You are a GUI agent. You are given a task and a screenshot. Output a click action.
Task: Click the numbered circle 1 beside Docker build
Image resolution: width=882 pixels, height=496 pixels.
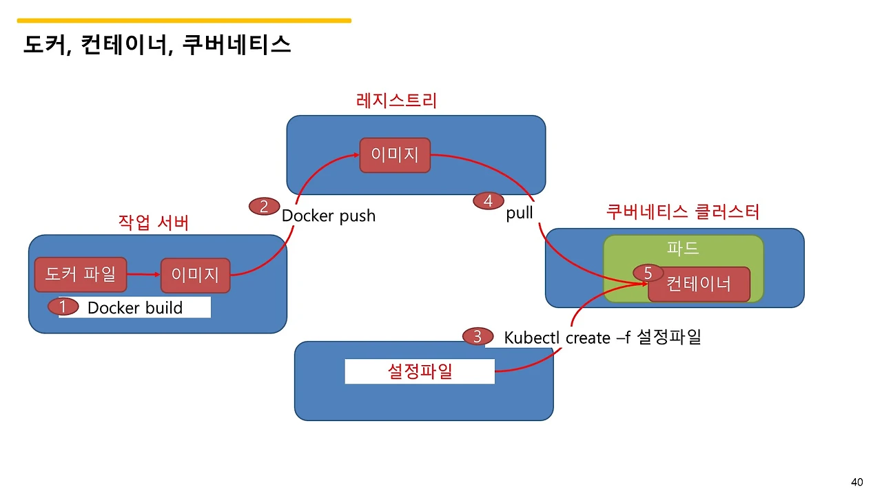(x=63, y=307)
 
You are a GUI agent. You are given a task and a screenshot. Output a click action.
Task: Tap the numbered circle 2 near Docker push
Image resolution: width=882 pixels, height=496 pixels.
(x=264, y=206)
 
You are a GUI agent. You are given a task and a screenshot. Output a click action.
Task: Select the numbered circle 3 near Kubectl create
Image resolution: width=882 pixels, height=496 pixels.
(x=478, y=337)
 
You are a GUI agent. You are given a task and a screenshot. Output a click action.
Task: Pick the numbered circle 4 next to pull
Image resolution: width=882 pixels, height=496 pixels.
(x=489, y=201)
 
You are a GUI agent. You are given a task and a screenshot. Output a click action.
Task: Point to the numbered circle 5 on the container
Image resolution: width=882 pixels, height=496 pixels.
(x=648, y=273)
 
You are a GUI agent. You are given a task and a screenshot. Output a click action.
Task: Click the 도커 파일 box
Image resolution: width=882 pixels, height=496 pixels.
(x=81, y=274)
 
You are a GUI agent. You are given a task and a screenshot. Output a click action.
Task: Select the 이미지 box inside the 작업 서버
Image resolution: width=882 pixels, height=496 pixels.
(x=195, y=276)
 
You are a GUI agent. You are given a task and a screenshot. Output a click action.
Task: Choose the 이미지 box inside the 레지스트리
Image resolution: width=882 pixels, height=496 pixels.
(x=395, y=155)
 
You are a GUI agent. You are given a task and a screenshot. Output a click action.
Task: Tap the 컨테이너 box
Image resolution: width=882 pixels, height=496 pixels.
(x=699, y=285)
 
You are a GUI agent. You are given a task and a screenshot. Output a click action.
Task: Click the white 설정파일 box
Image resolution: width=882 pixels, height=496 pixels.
(x=420, y=372)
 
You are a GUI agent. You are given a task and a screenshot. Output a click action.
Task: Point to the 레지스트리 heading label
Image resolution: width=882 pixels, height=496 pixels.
(x=396, y=101)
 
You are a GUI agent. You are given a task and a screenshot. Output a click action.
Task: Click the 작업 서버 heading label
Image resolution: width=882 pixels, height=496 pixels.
(x=154, y=223)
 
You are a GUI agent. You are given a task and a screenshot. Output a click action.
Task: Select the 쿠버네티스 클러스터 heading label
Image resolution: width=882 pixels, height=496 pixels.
(x=682, y=211)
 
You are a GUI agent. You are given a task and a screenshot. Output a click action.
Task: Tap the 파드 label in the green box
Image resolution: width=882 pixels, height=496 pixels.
(x=683, y=249)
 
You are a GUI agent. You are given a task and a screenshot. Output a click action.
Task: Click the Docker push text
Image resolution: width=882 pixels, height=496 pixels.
(x=329, y=216)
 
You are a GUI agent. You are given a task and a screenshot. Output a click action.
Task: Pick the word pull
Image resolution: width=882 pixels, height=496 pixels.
(x=520, y=213)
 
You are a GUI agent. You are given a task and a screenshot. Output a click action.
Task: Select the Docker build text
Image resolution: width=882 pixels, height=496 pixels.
(x=135, y=308)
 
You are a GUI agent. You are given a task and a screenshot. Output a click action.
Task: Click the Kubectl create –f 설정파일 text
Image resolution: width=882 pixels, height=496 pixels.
(x=602, y=338)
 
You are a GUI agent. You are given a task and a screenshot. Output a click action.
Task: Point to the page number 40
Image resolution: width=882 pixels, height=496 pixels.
(x=857, y=482)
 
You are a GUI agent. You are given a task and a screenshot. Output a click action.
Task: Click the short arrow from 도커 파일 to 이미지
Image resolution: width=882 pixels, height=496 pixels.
(x=144, y=275)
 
